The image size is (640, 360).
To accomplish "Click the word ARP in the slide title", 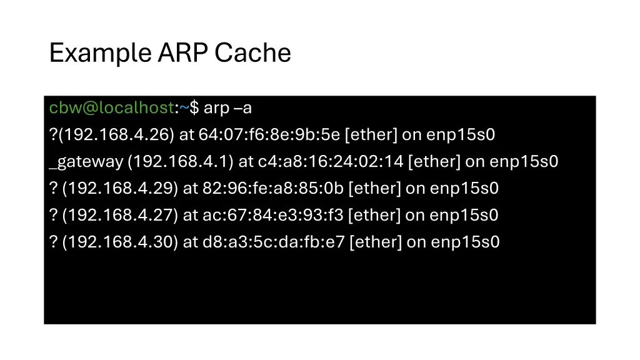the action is coord(183,52).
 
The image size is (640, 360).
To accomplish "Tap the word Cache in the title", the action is coord(252,52).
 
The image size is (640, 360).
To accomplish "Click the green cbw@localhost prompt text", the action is coord(111,108).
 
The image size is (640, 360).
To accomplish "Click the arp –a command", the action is coord(227,108).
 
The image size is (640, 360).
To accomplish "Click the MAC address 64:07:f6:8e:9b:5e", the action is coord(269,135).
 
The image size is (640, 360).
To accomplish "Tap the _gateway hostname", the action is coord(86,162).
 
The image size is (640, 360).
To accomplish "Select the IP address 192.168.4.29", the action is coord(120,189).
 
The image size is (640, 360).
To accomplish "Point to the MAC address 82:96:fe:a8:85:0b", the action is coord(272,189).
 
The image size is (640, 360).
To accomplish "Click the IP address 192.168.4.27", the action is coord(120,216).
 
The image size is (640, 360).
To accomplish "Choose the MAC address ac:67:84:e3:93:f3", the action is coord(272,216).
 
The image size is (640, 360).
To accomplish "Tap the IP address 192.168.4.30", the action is coord(120,242).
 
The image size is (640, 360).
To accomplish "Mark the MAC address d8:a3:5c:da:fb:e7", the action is coord(273,242).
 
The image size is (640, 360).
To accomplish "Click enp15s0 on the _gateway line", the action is coord(523,162).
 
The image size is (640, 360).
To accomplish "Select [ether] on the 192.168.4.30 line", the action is coord(376,242).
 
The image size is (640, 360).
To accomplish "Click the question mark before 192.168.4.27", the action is coord(53,216).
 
